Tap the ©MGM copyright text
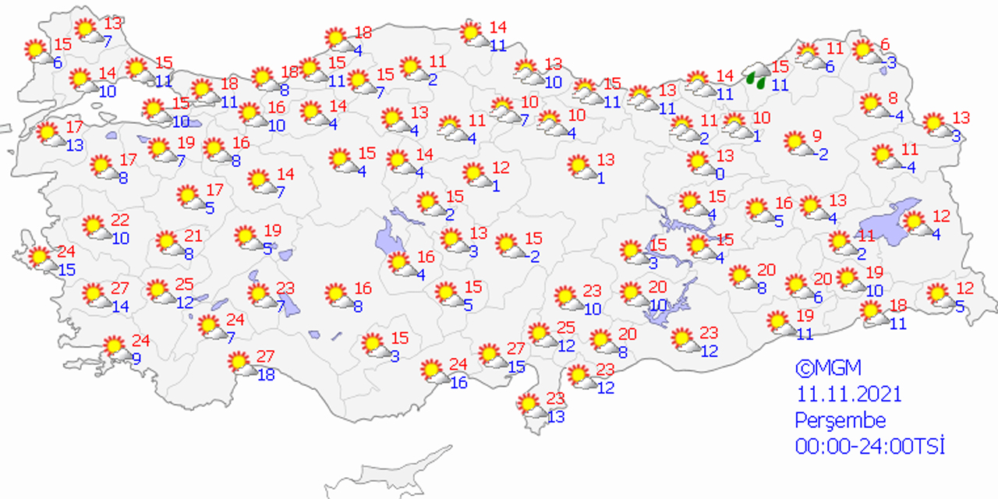point(828,368)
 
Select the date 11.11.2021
point(848,394)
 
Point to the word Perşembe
point(841,420)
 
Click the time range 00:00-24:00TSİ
point(869,447)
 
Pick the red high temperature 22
point(120,221)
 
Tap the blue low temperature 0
point(720,173)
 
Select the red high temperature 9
point(817,136)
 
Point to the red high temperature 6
point(885,44)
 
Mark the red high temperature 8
point(894,98)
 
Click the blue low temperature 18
point(266,374)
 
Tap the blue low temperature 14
point(120,306)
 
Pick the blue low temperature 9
point(136,359)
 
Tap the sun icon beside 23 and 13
point(529,405)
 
